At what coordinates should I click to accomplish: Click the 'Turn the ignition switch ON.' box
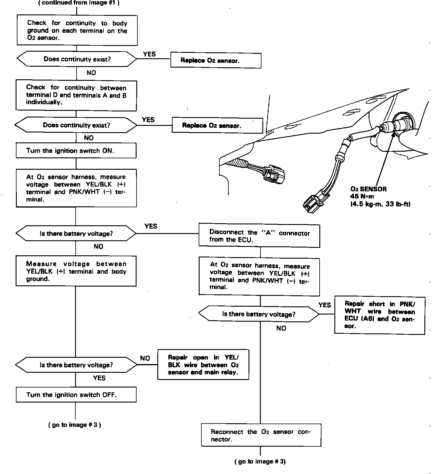point(76,151)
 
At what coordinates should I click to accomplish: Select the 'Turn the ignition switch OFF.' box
point(76,395)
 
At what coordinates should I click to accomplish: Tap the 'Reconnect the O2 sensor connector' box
point(261,435)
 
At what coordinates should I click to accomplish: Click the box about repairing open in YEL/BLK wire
point(203,365)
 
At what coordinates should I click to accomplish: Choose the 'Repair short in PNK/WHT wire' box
point(379,315)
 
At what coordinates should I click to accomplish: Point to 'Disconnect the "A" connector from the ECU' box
point(259,236)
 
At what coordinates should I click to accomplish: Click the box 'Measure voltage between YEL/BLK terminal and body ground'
point(76,271)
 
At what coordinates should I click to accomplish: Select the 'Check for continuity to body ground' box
point(77,30)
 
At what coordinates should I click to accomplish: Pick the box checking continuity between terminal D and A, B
point(76,95)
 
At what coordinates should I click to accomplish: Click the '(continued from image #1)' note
point(79,3)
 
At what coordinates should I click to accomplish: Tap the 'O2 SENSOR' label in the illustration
point(369,189)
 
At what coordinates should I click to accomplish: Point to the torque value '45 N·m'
point(362,197)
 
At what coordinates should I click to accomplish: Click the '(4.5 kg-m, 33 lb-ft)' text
point(380,204)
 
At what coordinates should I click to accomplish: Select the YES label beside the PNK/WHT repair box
point(324,305)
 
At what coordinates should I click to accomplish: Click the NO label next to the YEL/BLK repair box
point(145,358)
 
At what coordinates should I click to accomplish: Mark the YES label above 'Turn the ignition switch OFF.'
point(99,378)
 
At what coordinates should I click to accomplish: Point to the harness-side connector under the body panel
point(274,174)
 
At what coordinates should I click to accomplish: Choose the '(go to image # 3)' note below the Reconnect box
point(260,462)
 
